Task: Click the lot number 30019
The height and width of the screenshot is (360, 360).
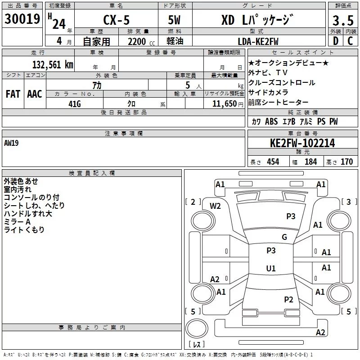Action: click(x=22, y=18)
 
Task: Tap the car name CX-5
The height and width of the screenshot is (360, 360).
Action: click(x=117, y=20)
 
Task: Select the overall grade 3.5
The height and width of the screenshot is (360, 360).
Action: click(x=343, y=20)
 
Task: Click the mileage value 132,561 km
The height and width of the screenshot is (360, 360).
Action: click(x=53, y=64)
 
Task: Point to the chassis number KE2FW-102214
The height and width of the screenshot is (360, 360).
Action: click(x=302, y=143)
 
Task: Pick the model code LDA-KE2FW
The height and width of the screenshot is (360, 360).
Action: click(x=258, y=41)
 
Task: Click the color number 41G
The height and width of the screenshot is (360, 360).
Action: click(x=75, y=104)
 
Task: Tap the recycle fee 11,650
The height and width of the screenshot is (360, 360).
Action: click(x=224, y=103)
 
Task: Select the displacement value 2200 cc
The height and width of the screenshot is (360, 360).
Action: click(x=141, y=41)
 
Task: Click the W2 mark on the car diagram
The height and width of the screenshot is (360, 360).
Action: click(x=215, y=206)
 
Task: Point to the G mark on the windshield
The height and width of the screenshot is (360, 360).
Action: click(x=284, y=237)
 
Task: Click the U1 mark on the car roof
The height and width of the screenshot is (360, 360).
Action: click(x=271, y=268)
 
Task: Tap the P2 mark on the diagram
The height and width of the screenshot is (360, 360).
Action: click(x=288, y=299)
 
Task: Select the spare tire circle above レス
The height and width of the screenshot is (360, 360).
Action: click(x=197, y=328)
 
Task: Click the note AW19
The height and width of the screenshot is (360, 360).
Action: click(x=11, y=143)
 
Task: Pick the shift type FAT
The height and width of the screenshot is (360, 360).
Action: click(x=13, y=94)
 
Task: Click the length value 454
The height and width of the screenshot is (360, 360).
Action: click(x=273, y=162)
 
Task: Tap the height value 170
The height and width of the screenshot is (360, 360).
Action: click(x=346, y=162)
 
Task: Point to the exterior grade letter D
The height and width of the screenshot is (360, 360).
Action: click(x=336, y=41)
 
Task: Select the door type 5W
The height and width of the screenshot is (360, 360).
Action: click(x=174, y=20)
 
